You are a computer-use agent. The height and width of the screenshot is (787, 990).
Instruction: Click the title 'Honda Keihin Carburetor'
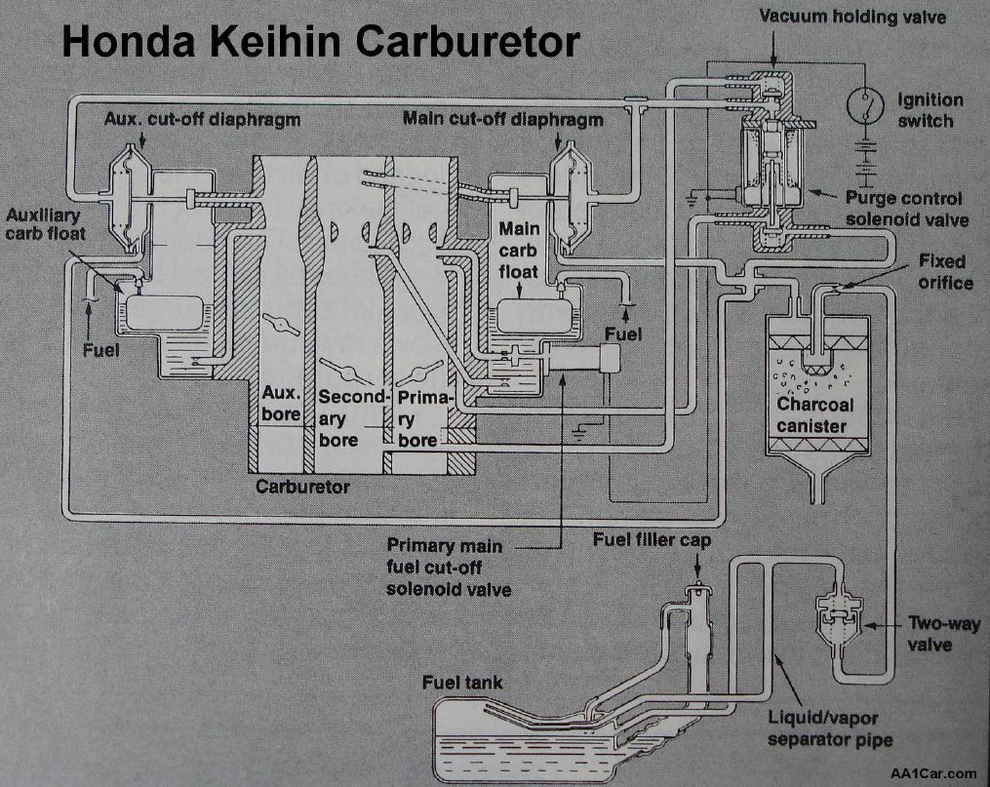[321, 41]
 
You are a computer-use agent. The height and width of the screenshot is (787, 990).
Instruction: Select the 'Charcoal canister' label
[815, 414]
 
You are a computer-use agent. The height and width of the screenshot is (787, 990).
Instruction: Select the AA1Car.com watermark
[932, 772]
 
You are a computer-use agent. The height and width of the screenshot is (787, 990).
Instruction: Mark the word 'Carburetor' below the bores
[302, 486]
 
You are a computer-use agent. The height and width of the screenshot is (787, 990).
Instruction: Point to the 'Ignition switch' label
[930, 110]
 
